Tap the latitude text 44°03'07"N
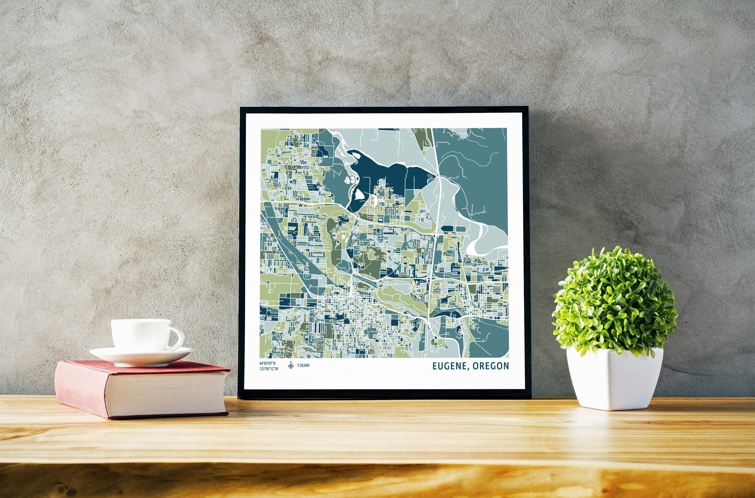pyautogui.click(x=268, y=363)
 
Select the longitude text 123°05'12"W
pyautogui.click(x=268, y=369)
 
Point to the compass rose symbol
pyautogui.click(x=291, y=366)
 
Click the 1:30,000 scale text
pyautogui.click(x=303, y=366)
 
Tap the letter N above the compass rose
pyautogui.click(x=291, y=362)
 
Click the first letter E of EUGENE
pyautogui.click(x=435, y=366)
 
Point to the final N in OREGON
pyautogui.click(x=506, y=366)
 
